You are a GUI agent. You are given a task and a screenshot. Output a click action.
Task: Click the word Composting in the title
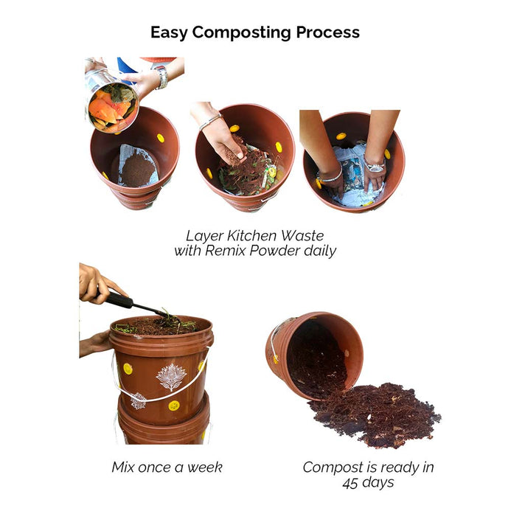[x=241, y=33]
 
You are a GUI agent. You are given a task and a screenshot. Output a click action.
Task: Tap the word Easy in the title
[x=169, y=33]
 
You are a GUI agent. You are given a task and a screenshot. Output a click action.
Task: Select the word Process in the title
[x=327, y=32]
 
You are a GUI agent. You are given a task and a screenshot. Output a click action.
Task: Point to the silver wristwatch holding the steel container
[x=161, y=77]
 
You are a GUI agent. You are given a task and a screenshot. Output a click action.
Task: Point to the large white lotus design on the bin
[x=171, y=377]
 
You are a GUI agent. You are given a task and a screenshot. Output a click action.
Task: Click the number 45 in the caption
[x=350, y=483]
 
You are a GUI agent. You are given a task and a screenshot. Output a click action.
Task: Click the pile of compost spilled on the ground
[x=375, y=414]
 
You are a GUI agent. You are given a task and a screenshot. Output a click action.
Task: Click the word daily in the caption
[x=320, y=251]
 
